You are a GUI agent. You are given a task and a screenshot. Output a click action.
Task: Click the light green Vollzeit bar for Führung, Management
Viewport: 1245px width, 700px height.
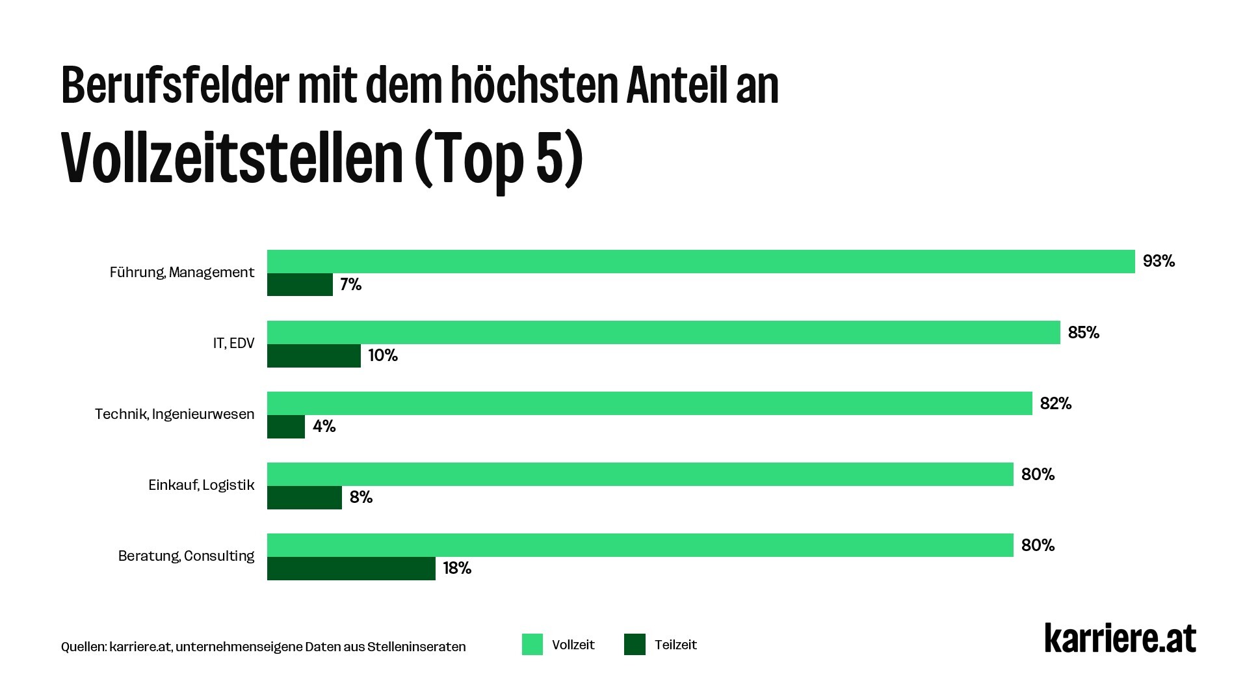click(700, 262)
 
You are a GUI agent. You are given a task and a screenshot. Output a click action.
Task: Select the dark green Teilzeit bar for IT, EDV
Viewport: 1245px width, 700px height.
click(313, 356)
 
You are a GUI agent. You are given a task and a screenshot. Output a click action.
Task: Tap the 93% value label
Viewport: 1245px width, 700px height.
click(1159, 262)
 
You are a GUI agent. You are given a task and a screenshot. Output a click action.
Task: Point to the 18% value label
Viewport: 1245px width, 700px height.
click(457, 569)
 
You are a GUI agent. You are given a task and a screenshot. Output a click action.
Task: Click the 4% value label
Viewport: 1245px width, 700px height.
click(324, 427)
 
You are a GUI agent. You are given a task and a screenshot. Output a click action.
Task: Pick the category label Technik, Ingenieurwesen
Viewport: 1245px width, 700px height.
click(174, 414)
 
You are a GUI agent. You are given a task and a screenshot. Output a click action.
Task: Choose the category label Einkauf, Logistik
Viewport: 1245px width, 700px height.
click(201, 485)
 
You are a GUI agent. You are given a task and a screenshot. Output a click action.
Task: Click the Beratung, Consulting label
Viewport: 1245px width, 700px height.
click(186, 556)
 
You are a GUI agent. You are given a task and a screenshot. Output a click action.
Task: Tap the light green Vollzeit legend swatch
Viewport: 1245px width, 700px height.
click(532, 645)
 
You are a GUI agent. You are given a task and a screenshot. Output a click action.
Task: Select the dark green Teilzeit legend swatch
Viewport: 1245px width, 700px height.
click(635, 645)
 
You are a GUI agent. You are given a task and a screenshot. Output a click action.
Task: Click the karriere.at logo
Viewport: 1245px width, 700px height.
click(1120, 639)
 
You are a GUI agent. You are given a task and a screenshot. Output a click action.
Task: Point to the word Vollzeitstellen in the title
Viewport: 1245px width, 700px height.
click(232, 159)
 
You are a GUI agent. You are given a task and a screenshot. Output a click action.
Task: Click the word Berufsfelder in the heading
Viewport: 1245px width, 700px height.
click(174, 86)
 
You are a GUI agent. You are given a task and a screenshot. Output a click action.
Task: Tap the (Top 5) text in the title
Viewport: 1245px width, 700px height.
click(498, 159)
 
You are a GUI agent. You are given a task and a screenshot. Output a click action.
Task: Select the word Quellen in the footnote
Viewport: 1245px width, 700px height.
click(83, 647)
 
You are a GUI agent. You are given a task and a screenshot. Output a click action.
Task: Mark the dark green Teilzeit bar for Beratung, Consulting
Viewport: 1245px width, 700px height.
click(351, 569)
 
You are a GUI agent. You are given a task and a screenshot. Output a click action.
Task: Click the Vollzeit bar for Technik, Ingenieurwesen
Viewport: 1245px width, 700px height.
click(649, 403)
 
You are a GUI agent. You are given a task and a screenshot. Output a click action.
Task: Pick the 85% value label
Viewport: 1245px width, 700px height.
click(1083, 333)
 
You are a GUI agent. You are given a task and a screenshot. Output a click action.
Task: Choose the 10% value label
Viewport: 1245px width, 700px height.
click(382, 356)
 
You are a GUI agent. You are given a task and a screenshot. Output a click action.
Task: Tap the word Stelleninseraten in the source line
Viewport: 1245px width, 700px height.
click(416, 647)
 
